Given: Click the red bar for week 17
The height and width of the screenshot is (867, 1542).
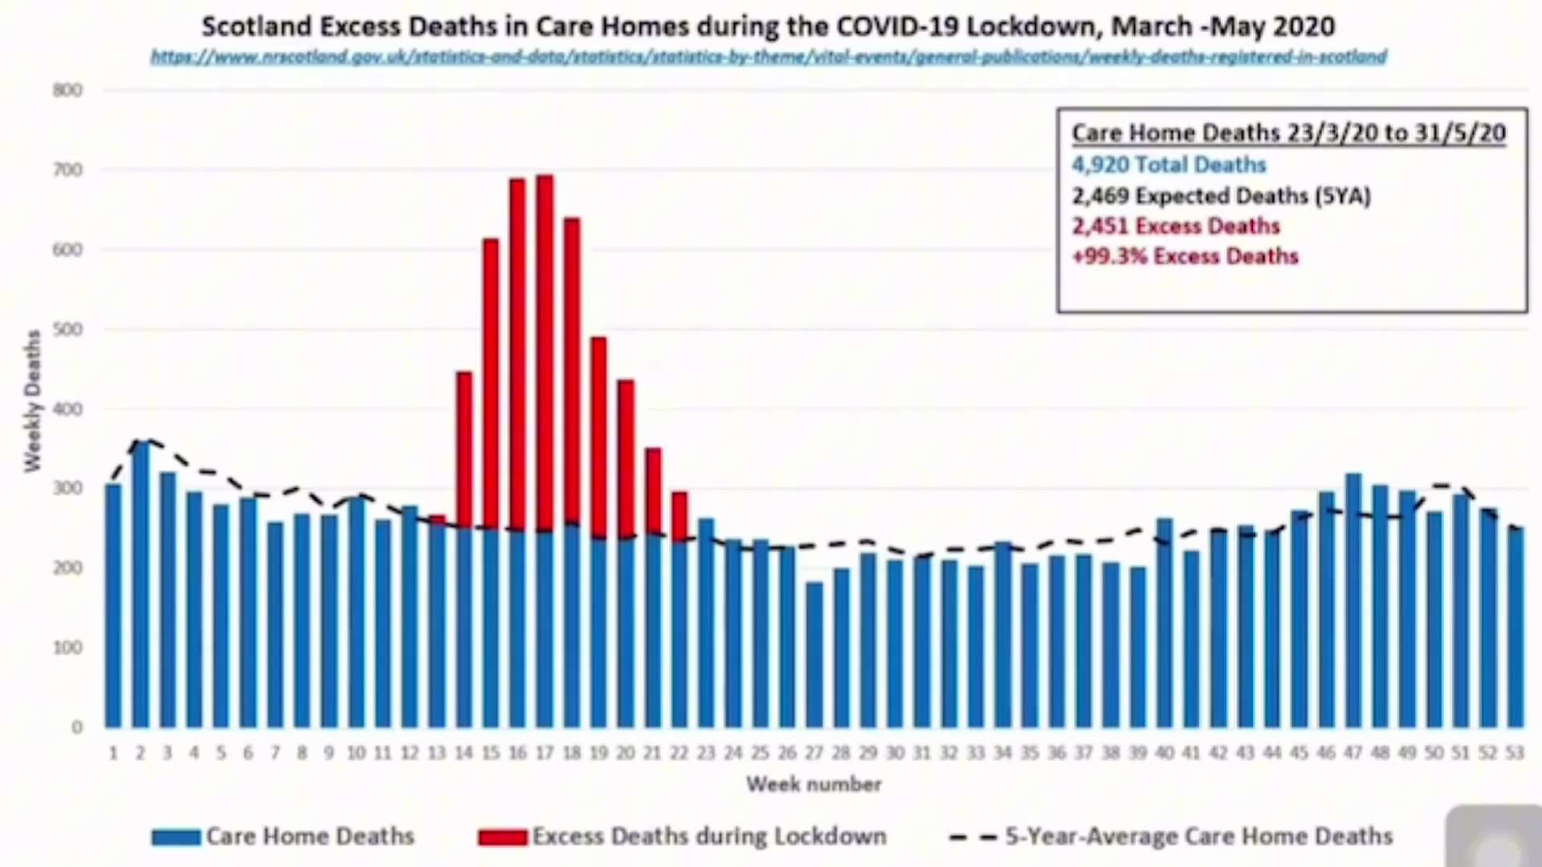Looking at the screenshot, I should [x=545, y=353].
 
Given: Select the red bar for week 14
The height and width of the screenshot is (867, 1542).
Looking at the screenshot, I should [x=464, y=450].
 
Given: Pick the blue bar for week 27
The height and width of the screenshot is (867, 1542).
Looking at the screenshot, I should [x=814, y=654].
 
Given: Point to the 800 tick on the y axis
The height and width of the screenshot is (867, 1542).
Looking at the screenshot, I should [x=68, y=90].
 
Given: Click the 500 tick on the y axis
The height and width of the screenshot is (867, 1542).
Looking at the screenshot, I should [x=68, y=329].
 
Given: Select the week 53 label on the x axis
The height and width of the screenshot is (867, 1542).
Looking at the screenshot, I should [x=1515, y=753].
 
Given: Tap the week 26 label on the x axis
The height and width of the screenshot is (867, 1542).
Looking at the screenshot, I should [x=787, y=753].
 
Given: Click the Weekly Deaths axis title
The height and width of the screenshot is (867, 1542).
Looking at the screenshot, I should [x=32, y=401].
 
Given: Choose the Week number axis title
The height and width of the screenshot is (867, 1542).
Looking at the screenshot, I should [x=814, y=784].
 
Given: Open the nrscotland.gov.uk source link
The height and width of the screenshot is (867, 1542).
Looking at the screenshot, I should [x=769, y=57].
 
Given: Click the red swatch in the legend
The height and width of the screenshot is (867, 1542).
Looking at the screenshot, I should [x=502, y=837].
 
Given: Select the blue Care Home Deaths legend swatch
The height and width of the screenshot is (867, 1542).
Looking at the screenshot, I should [x=176, y=837].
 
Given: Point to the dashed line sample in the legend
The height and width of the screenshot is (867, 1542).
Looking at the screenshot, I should [x=973, y=837].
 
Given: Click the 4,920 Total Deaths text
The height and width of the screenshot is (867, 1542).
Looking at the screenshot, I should [x=1169, y=165].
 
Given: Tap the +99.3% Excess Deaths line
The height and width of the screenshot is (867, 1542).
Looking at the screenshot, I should [x=1185, y=256].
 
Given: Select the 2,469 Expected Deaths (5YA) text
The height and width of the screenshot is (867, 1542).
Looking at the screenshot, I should [x=1221, y=196].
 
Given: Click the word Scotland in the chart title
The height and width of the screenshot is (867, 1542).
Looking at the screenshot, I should [x=256, y=26].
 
